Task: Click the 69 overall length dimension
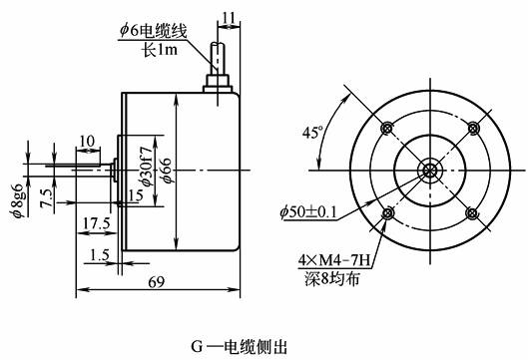[157, 282]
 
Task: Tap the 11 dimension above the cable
[229, 18]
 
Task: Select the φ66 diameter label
[168, 171]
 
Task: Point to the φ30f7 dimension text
[147, 166]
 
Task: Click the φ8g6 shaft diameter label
[17, 200]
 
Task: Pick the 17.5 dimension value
[97, 222]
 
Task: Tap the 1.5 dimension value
[100, 254]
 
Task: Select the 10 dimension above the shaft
[87, 141]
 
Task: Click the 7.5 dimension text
[46, 198]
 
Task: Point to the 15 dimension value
[136, 195]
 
